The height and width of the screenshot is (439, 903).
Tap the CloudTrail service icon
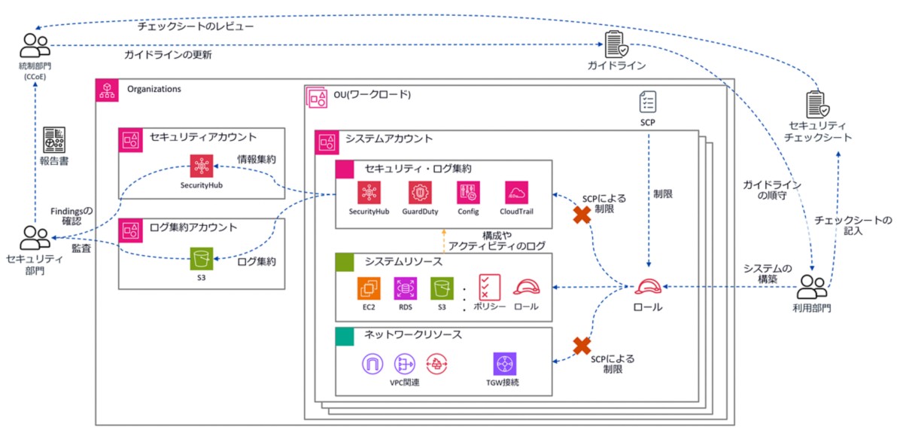click(x=517, y=192)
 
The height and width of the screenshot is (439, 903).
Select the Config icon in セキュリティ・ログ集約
click(x=467, y=192)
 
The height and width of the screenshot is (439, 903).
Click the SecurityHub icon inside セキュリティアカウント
click(x=201, y=164)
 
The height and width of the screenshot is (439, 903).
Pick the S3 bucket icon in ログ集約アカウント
click(x=200, y=260)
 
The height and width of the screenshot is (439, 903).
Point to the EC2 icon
click(x=369, y=288)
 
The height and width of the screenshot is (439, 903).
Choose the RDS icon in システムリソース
click(x=405, y=288)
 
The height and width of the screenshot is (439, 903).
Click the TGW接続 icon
click(x=505, y=364)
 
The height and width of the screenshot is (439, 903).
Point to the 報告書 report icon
click(x=54, y=139)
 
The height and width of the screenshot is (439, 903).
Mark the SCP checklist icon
click(x=648, y=102)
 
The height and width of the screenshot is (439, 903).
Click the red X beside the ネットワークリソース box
click(x=581, y=346)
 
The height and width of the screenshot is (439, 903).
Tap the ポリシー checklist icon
click(x=490, y=288)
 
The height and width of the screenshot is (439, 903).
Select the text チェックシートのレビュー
click(x=195, y=26)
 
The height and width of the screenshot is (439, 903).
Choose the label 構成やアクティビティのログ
click(x=497, y=241)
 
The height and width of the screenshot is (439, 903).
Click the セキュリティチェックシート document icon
click(x=816, y=105)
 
